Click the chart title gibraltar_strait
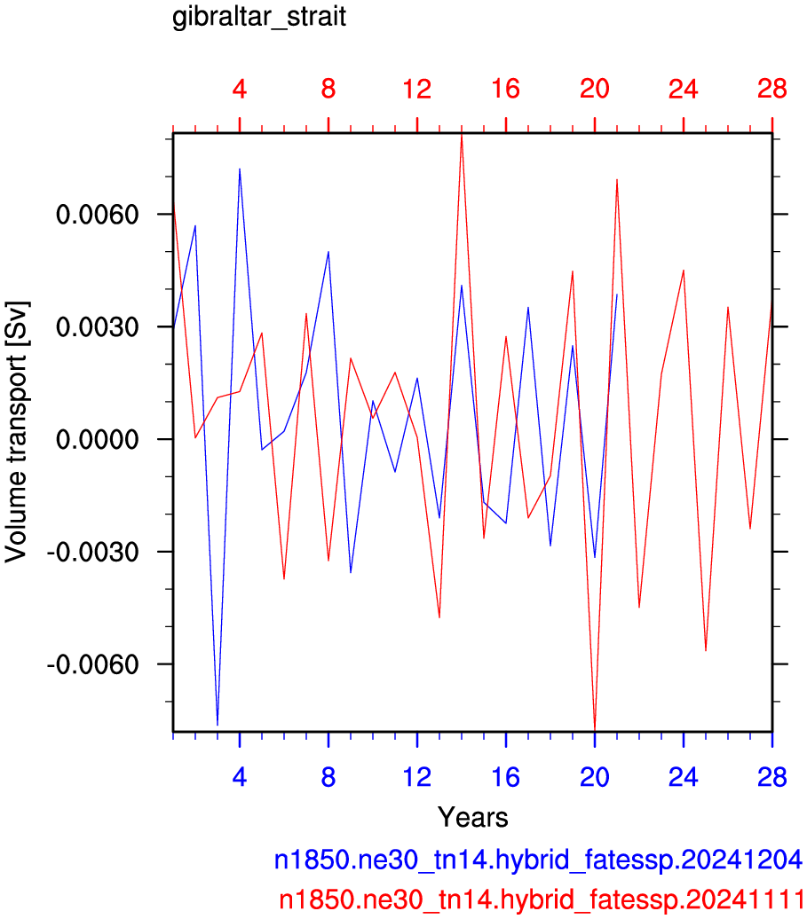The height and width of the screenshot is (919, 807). tap(258, 17)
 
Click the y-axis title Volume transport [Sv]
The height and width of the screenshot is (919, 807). tap(16, 432)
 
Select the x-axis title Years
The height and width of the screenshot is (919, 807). tap(472, 817)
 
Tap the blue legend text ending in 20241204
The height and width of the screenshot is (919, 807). tap(538, 860)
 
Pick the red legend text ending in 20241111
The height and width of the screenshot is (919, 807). tap(541, 899)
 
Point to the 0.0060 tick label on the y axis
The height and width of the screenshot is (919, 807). tap(98, 215)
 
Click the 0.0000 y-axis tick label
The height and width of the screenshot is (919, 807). tap(98, 439)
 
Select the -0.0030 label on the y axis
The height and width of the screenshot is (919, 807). tap(92, 552)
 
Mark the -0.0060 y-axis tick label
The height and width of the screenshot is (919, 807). tap(92, 664)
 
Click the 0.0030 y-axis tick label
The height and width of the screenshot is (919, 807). tap(98, 327)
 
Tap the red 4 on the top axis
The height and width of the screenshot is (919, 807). tap(240, 89)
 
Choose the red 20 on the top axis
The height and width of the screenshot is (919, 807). tap(595, 89)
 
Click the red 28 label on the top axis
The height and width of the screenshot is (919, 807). tap(771, 89)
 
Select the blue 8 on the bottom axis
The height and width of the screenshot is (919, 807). tap(328, 777)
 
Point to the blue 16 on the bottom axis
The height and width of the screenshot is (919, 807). tap(505, 777)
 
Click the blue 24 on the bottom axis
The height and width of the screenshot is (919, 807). tap(684, 777)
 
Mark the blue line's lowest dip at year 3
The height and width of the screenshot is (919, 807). tap(218, 725)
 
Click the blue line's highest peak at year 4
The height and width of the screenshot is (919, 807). tap(240, 169)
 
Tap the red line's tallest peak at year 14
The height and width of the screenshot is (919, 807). tap(462, 136)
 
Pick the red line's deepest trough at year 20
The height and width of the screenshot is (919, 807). tap(595, 729)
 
